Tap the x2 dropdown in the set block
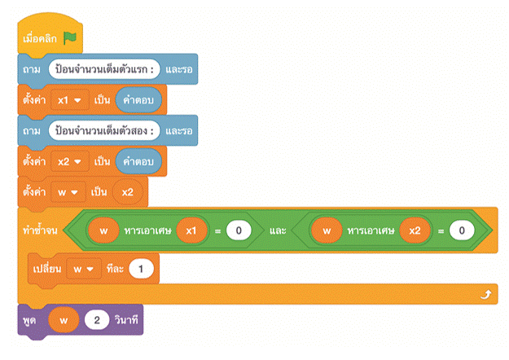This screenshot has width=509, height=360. [x=68, y=160]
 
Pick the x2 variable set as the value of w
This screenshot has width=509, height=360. [x=129, y=192]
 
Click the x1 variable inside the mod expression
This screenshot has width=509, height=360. [x=191, y=231]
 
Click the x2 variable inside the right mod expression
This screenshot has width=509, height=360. [x=415, y=231]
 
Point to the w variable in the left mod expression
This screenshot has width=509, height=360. [x=103, y=231]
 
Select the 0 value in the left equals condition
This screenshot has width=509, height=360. [x=238, y=231]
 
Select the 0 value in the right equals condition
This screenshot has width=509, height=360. [x=462, y=231]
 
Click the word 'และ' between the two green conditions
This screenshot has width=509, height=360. [x=278, y=231]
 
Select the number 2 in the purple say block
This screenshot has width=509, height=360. [x=95, y=321]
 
